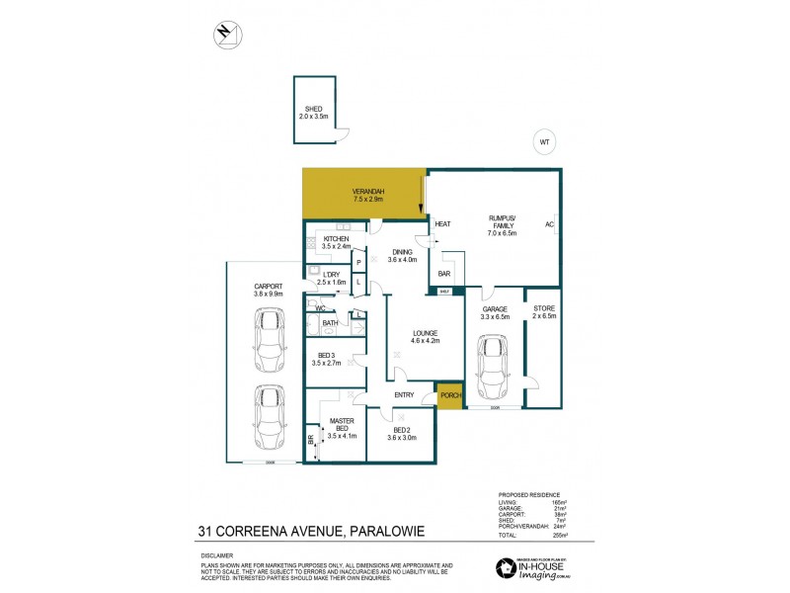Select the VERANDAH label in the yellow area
click(x=367, y=191)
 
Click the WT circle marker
click(x=543, y=141)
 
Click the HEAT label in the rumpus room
click(x=442, y=223)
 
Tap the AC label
click(x=548, y=223)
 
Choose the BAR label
click(x=444, y=273)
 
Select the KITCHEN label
click(x=337, y=239)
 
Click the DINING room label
click(x=401, y=252)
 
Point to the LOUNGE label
click(x=426, y=332)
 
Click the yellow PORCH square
click(x=449, y=395)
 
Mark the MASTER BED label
click(x=341, y=421)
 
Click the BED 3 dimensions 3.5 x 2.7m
click(x=327, y=363)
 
